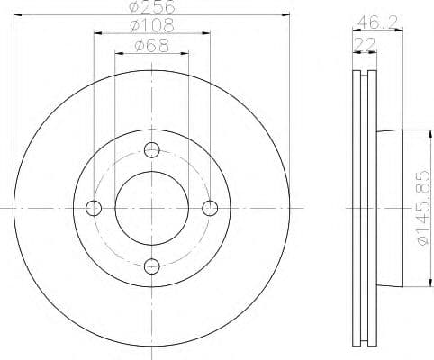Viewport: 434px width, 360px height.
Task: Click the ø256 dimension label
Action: pos(151,6)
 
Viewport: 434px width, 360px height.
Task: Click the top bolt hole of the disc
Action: pos(151,149)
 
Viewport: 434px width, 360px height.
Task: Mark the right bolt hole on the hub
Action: pos(210,208)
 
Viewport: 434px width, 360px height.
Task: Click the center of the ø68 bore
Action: pos(151,208)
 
